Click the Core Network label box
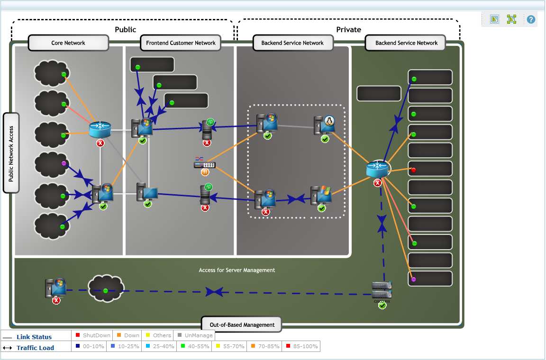(x=68, y=43)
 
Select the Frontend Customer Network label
(x=181, y=43)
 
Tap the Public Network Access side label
(x=11, y=153)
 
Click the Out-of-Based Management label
(x=242, y=325)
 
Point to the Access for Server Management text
(x=237, y=270)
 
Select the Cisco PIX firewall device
(x=382, y=289)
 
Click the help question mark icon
(x=531, y=19)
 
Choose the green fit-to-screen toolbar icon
(x=511, y=19)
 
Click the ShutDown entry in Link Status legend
(x=93, y=335)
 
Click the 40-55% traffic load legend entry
(x=195, y=346)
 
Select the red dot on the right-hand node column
(x=413, y=170)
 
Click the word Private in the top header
(x=348, y=29)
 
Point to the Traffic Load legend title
(x=35, y=348)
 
